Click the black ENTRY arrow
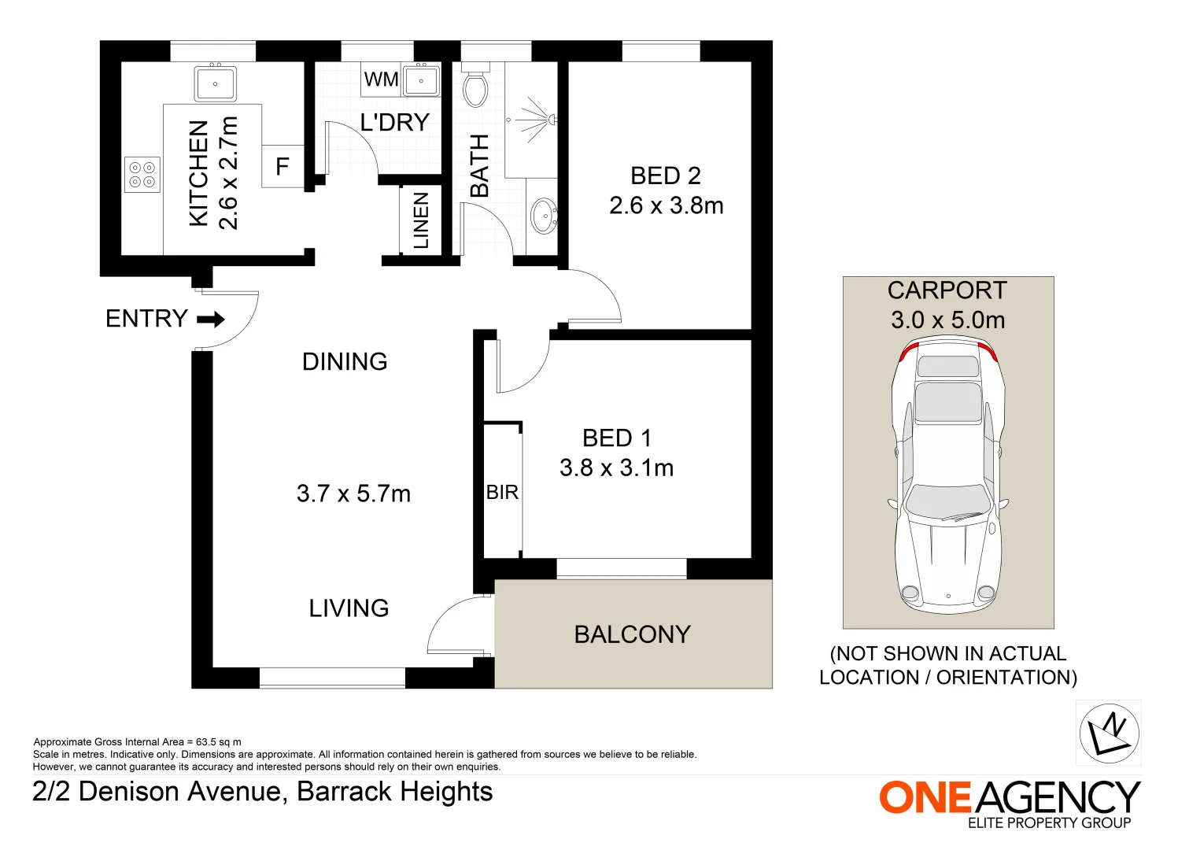coord(211,320)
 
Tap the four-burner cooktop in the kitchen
coord(142,175)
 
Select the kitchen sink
coord(215,83)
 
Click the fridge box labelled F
coord(282,166)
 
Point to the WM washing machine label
coord(381,79)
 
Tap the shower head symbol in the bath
coord(552,120)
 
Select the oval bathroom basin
coord(543,216)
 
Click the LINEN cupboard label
coord(422,220)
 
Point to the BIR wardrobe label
coord(502,493)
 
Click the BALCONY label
coord(632,634)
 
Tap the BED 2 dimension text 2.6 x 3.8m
coord(666,205)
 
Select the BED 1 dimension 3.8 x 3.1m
coord(616,468)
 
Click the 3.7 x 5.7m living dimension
coord(353,493)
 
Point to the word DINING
coord(345,361)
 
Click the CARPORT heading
coord(947,290)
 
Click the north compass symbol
coord(1108,733)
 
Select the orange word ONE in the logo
coord(925,797)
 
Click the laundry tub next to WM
coord(422,80)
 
